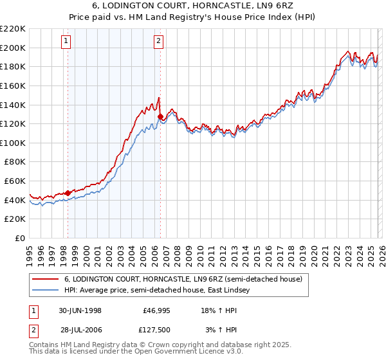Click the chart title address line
click(193, 6)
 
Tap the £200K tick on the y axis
click(13, 48)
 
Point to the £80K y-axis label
click(15, 162)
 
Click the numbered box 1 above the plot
click(68, 42)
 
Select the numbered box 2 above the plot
click(159, 42)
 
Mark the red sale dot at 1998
click(68, 193)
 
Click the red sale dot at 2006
click(160, 116)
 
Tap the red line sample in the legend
click(46, 279)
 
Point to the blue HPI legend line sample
click(46, 291)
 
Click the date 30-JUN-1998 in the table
click(80, 310)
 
